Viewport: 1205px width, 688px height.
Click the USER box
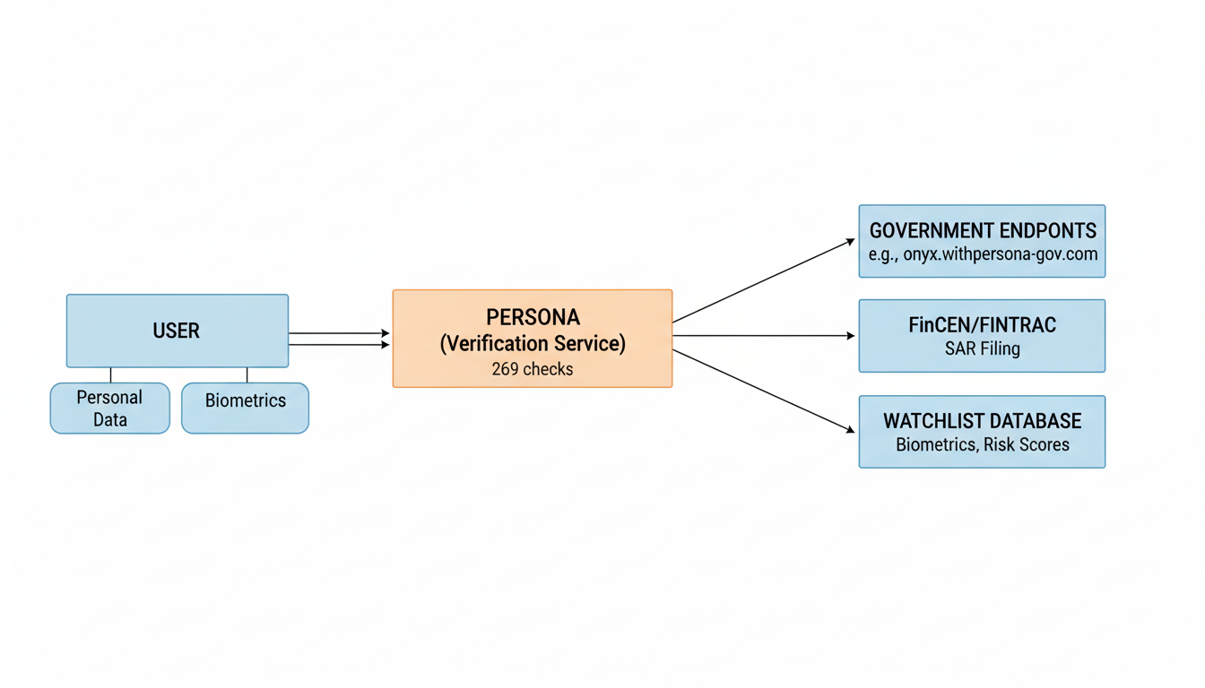[177, 331]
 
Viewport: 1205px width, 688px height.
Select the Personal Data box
[109, 408]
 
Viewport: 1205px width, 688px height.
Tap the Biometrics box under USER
[245, 408]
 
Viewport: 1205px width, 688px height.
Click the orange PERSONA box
[532, 338]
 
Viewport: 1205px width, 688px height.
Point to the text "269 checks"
[532, 368]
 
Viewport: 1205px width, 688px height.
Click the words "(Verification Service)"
[533, 343]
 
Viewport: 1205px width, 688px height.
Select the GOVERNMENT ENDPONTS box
[982, 241]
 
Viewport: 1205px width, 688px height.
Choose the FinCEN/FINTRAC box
[982, 335]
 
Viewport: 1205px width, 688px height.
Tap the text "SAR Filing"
[982, 348]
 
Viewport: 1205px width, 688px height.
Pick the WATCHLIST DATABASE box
[982, 431]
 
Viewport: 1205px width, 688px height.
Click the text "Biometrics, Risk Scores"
[982, 444]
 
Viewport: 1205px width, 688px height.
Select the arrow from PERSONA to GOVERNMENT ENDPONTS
[762, 280]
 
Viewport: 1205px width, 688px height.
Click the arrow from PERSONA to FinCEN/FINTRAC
[762, 336]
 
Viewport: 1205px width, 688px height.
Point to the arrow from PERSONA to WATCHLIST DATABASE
[762, 391]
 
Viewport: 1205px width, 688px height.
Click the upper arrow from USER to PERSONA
[338, 333]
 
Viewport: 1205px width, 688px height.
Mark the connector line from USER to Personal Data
[111, 374]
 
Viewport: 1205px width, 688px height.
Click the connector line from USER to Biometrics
[247, 374]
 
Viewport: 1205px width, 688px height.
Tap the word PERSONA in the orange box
[533, 317]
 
